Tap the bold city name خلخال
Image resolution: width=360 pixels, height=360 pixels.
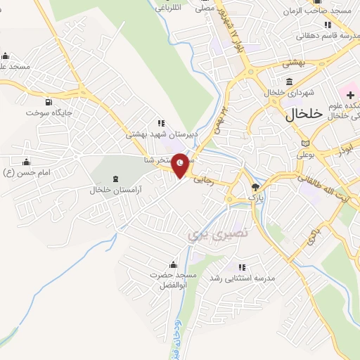coord(304,114)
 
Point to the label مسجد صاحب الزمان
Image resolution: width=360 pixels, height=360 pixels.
coord(317,12)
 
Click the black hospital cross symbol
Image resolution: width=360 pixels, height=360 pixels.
coord(350,94)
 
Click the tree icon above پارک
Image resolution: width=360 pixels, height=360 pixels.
coord(255,188)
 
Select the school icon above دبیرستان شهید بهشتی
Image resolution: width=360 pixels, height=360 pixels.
coord(160,122)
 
